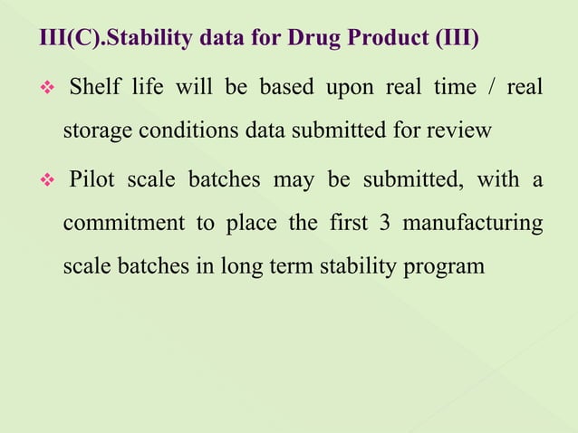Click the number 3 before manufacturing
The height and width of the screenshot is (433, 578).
click(x=385, y=223)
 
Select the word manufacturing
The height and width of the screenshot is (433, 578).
click(x=474, y=223)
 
